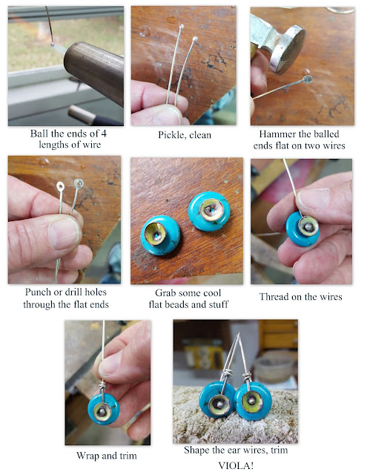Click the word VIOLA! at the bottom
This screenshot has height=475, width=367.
click(x=236, y=465)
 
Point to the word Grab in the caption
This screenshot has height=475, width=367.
click(x=166, y=293)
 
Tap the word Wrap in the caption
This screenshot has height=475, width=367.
click(x=87, y=456)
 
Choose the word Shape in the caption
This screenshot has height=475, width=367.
click(x=196, y=451)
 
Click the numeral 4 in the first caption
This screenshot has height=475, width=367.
click(x=104, y=134)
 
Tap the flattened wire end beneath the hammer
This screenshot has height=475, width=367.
click(x=308, y=79)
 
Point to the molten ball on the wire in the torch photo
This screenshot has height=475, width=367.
click(x=53, y=45)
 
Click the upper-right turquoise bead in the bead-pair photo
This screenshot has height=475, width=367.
click(x=209, y=211)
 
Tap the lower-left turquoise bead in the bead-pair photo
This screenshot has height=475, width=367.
click(x=160, y=235)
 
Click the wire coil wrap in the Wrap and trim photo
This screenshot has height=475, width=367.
click(x=102, y=386)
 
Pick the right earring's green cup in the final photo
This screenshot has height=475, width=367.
click(x=252, y=402)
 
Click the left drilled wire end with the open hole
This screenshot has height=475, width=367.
click(x=60, y=186)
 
